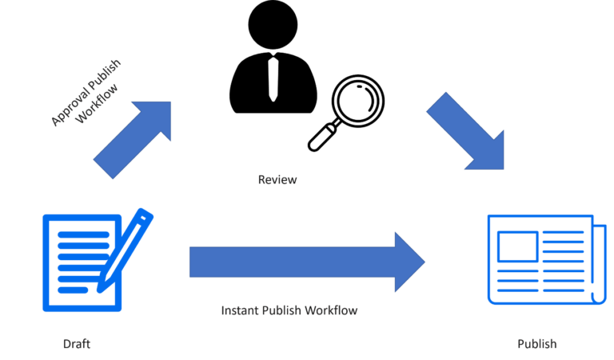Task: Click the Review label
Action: (x=277, y=180)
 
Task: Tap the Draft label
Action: (x=77, y=344)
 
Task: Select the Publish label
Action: (x=536, y=344)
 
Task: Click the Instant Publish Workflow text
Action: (x=289, y=310)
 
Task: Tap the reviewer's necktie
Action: (x=273, y=77)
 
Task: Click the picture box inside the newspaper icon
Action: (x=516, y=247)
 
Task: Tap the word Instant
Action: (x=239, y=310)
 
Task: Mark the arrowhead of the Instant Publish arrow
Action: (x=409, y=262)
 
